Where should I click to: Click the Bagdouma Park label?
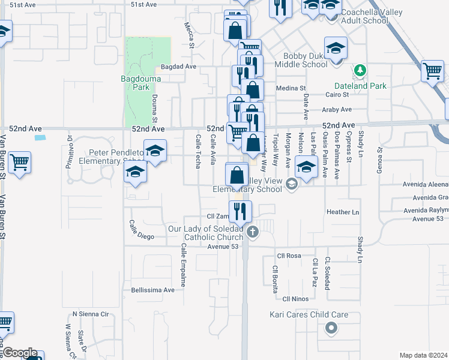pos(135,82)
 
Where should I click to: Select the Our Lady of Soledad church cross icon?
pos(253,232)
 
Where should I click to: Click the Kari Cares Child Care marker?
pos(330,328)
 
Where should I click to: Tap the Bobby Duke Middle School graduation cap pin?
pos(336,48)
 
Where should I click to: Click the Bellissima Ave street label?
pos(152,290)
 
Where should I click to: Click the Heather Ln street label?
pos(343,212)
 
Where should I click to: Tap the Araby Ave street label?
pos(337,110)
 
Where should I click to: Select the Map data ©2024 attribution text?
pos(423,355)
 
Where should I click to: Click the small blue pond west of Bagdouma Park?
pos(40,138)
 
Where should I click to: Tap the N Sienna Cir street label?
pos(89,314)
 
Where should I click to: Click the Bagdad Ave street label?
pos(178,67)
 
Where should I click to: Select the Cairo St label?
pos(337,95)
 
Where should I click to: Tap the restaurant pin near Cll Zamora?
pos(242,211)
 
